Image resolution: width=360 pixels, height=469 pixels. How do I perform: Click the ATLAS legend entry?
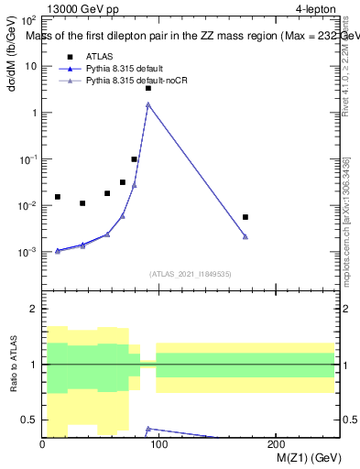tap(99, 56)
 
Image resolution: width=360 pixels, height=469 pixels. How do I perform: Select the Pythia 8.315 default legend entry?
tap(129, 69)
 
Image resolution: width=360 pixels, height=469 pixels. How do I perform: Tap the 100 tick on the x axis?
tap(158, 444)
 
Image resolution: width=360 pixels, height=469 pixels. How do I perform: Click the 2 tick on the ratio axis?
tap(34, 309)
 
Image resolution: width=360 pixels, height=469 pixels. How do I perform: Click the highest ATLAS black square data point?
tap(148, 88)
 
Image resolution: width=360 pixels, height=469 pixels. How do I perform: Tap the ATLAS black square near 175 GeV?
tap(245, 217)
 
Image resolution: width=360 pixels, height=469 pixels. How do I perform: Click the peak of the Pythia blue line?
tap(148, 104)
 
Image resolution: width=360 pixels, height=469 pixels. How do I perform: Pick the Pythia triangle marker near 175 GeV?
tap(245, 236)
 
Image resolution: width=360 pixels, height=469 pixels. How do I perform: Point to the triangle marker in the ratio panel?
tap(148, 428)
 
